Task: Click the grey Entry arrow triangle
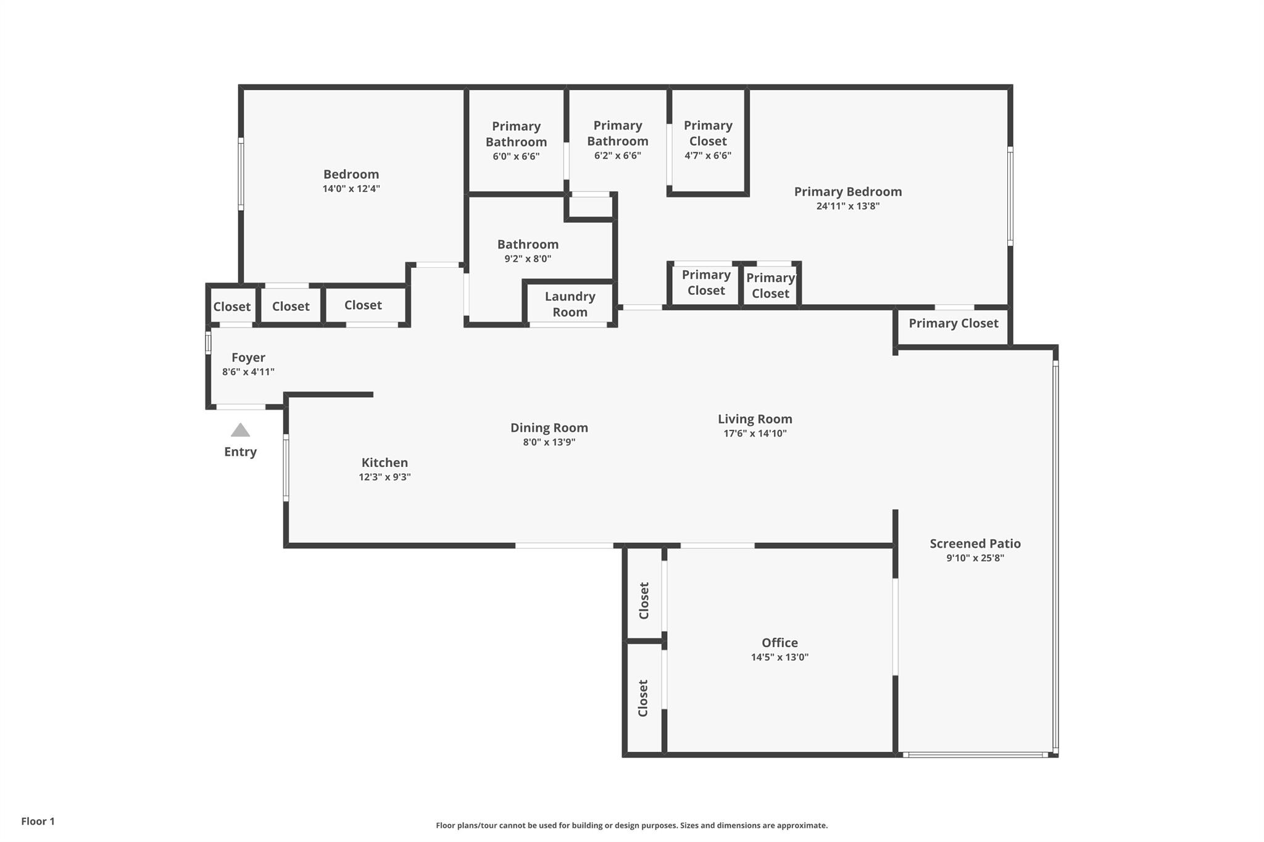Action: click(240, 430)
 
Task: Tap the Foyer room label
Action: click(248, 357)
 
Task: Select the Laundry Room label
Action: click(570, 304)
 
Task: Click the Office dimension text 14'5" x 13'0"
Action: click(780, 658)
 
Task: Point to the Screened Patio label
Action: click(975, 543)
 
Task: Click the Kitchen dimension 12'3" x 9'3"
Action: click(385, 477)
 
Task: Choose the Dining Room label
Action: click(549, 427)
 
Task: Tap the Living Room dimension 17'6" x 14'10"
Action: click(755, 434)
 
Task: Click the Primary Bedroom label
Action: click(847, 191)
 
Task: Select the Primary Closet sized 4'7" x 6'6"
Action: click(708, 140)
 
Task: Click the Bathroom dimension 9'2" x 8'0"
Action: click(528, 259)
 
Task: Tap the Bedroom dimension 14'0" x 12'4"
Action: click(351, 189)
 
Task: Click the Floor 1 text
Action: click(38, 821)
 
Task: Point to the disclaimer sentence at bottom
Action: click(631, 825)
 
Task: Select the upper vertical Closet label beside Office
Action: click(644, 601)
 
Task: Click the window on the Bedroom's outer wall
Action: click(241, 175)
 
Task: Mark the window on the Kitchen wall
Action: click(286, 467)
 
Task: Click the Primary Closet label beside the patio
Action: click(953, 323)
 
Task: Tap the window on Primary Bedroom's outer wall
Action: click(1010, 196)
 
